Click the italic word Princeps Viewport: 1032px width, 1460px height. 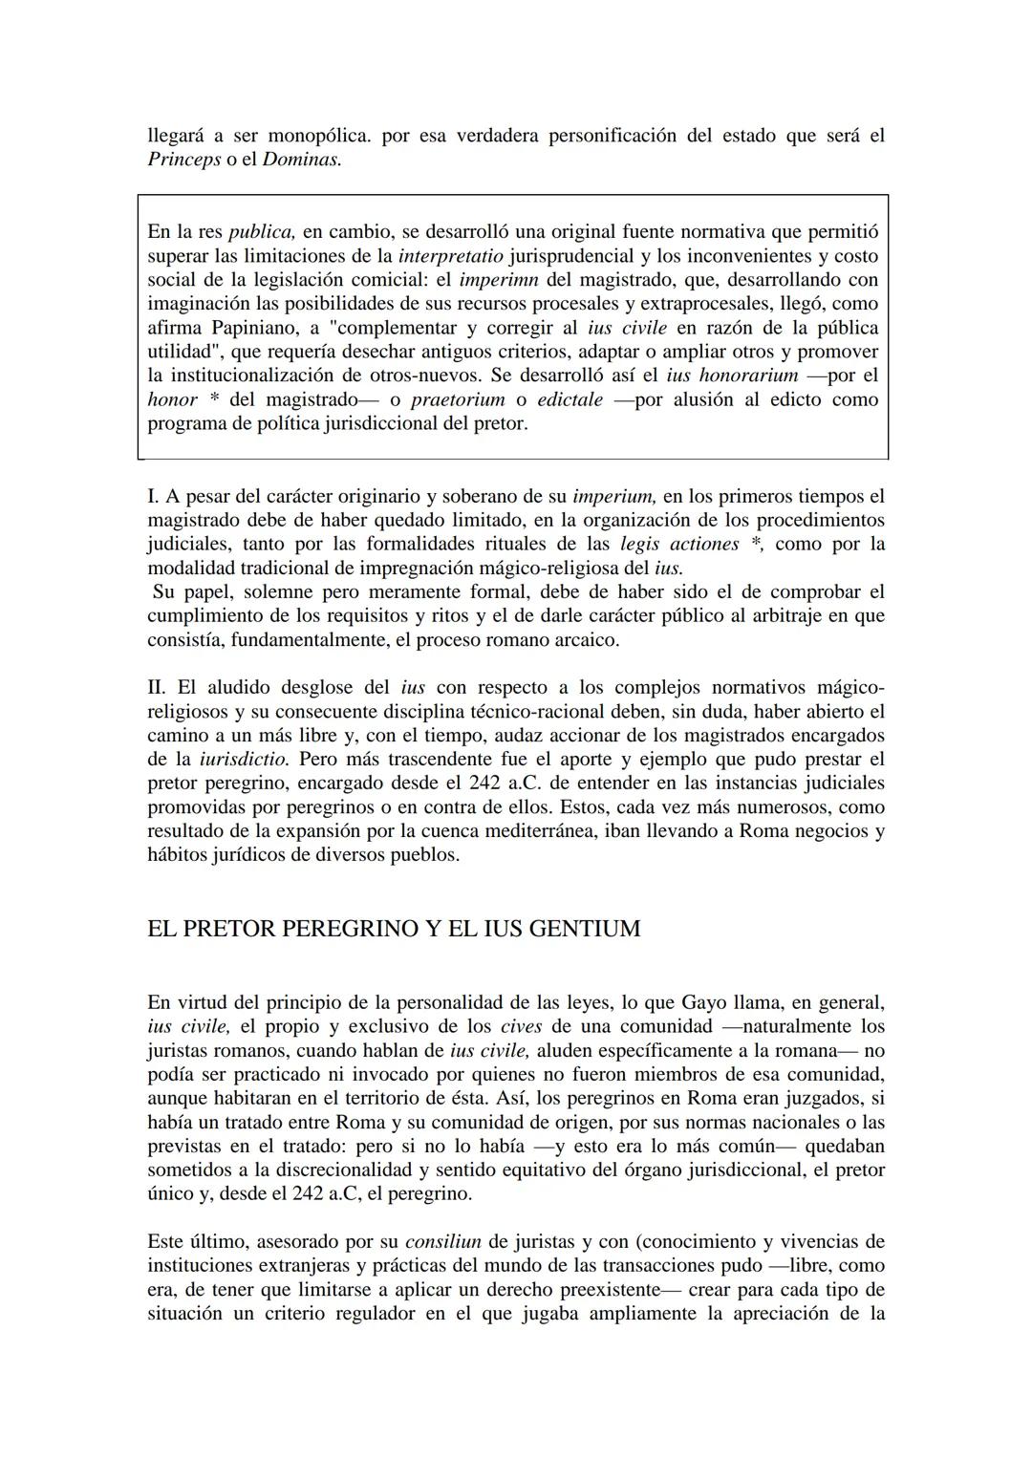point(183,160)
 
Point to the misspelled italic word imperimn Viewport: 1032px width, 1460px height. point(499,280)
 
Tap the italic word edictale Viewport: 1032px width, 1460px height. point(570,399)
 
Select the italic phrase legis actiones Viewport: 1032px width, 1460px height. point(679,544)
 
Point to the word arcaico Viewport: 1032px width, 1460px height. point(586,639)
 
